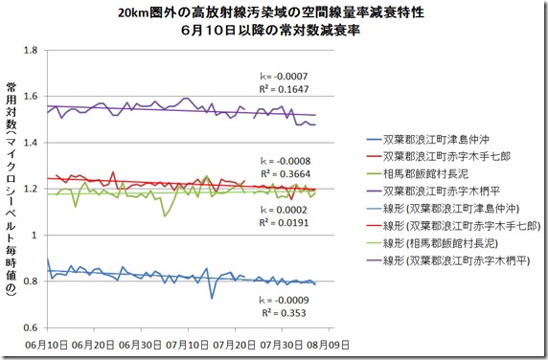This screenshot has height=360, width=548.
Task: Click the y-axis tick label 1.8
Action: click(x=31, y=51)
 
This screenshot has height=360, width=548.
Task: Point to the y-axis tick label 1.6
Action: click(x=31, y=97)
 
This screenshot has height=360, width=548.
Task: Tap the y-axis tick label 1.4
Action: click(x=31, y=143)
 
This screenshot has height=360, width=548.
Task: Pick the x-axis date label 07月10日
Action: click(x=189, y=342)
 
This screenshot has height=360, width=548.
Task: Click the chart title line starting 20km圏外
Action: click(x=273, y=13)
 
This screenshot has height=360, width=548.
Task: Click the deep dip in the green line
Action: click(x=165, y=216)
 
